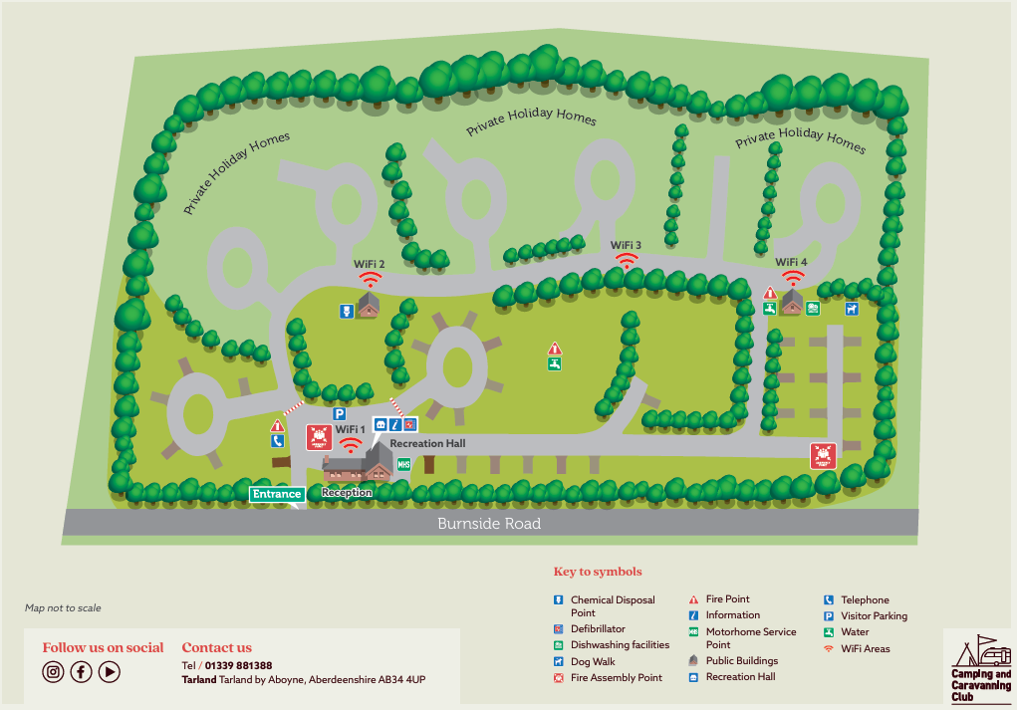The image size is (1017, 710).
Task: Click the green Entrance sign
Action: pyautogui.click(x=277, y=494)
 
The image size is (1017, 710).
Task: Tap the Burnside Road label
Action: pyautogui.click(x=489, y=524)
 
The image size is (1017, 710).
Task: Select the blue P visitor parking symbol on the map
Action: pyautogui.click(x=339, y=414)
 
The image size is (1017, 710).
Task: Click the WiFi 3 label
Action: pyautogui.click(x=626, y=245)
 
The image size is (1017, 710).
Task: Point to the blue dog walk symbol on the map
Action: pyautogui.click(x=851, y=309)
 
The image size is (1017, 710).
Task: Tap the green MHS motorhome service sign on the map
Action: pyautogui.click(x=403, y=464)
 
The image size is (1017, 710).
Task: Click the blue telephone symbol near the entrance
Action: pyautogui.click(x=277, y=441)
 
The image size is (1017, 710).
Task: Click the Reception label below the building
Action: pyautogui.click(x=347, y=493)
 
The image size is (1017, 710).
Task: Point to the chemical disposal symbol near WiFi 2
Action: pyautogui.click(x=346, y=311)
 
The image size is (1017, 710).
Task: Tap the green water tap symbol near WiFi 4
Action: pyautogui.click(x=770, y=309)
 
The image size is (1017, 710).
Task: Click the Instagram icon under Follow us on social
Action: pyautogui.click(x=53, y=672)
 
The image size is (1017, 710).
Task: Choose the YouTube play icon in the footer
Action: pyautogui.click(x=110, y=672)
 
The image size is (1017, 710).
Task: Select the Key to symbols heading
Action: pyautogui.click(x=598, y=572)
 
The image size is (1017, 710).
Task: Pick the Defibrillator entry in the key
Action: pyautogui.click(x=598, y=629)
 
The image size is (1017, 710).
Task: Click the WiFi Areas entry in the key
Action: pyautogui.click(x=865, y=648)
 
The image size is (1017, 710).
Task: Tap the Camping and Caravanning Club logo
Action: pyautogui.click(x=980, y=668)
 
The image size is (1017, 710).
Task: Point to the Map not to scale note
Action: pyautogui.click(x=63, y=607)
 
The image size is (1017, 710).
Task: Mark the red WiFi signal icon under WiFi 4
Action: pyautogui.click(x=793, y=278)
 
